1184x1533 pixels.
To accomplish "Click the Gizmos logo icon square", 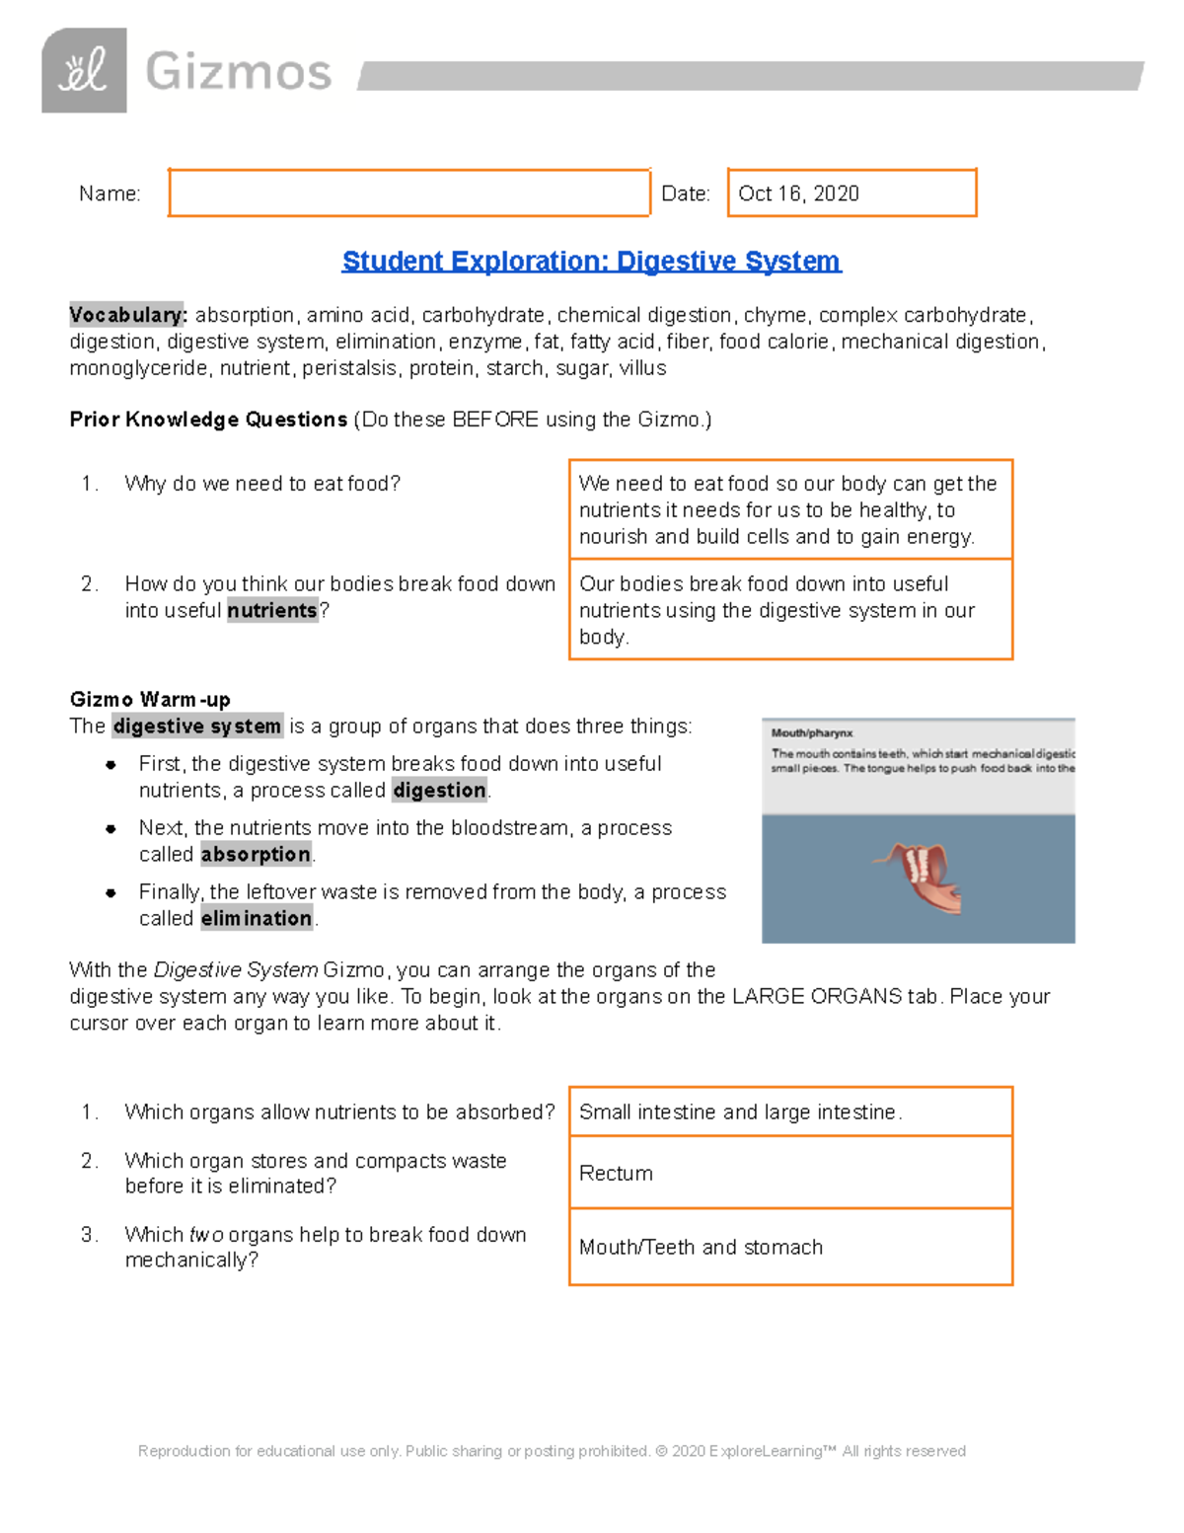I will (x=84, y=71).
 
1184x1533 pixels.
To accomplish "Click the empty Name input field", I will (x=408, y=192).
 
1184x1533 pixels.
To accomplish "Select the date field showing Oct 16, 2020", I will (x=851, y=192).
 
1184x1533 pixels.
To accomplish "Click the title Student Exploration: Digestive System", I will (x=591, y=262).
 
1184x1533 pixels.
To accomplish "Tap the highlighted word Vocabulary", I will (x=126, y=315).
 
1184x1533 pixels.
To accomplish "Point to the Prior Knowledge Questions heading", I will (x=208, y=420).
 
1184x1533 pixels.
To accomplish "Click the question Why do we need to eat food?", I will (x=262, y=484).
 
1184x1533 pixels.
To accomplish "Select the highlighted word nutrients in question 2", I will (x=272, y=611).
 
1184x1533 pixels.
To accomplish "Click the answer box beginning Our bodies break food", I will (x=790, y=610).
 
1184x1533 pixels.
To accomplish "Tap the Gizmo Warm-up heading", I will (x=150, y=700).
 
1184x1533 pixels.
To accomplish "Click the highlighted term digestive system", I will (x=197, y=727).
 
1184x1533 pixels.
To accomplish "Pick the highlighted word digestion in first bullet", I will (x=439, y=791).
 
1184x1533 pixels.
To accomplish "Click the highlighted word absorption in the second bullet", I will (x=256, y=855).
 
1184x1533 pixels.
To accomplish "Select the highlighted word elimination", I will (x=256, y=919).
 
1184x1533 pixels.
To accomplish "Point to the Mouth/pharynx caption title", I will (x=811, y=733).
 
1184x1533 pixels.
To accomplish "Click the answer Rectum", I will (x=616, y=1174).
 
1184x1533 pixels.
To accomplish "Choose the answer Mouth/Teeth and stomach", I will (x=701, y=1248).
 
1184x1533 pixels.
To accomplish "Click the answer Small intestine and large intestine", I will (x=740, y=1112).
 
